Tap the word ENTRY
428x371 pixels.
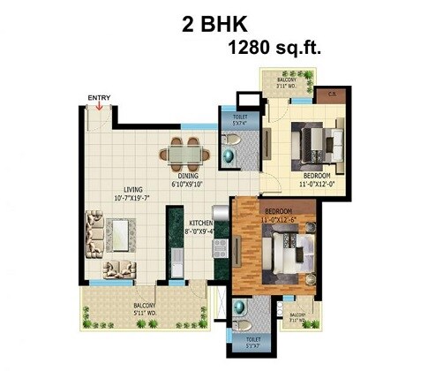99,97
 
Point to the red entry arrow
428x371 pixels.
99,108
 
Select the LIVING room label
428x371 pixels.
134,188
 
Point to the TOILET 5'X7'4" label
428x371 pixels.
237,121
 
